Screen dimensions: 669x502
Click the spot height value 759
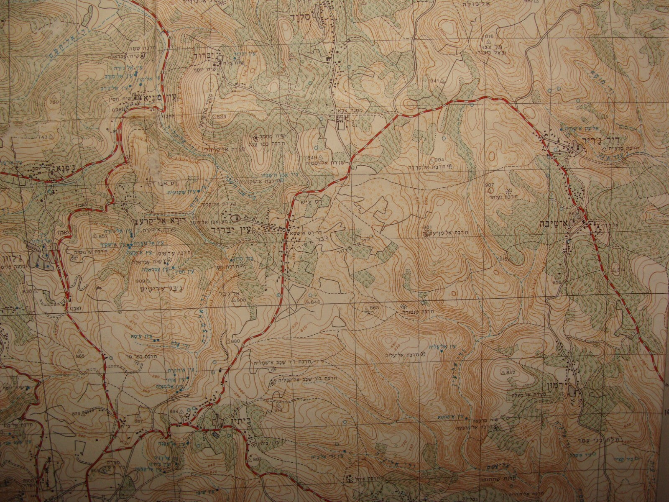[54, 102]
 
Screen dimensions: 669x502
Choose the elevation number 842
[511, 372]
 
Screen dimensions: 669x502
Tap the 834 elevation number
[222, 116]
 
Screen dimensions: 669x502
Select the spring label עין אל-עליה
[440, 347]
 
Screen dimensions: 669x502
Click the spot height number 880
[235, 341]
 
